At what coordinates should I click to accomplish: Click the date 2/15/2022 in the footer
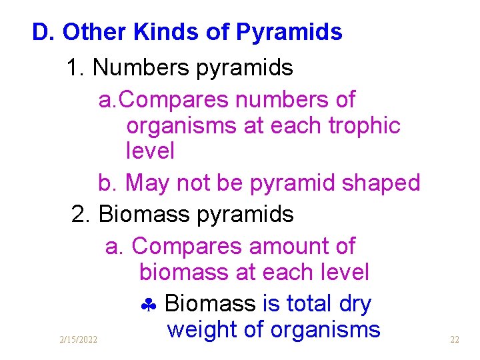click(77, 340)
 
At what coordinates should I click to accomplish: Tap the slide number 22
click(455, 340)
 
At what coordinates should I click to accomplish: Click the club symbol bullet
click(148, 305)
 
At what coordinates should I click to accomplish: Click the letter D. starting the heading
click(44, 32)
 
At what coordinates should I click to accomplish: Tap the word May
click(147, 183)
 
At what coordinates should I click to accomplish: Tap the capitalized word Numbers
click(138, 67)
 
